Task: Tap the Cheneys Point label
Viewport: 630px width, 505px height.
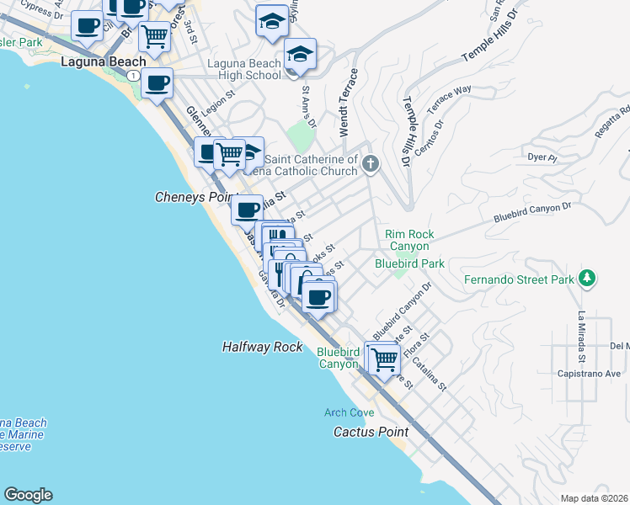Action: point(193,197)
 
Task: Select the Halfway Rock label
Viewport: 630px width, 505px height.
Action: point(262,347)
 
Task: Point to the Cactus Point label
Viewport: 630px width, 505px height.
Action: point(371,432)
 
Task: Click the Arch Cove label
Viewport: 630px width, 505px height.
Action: point(350,412)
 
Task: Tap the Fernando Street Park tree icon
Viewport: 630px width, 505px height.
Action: point(588,279)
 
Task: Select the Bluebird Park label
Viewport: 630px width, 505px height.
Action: point(409,263)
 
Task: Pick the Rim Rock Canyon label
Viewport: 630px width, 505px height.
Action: point(408,240)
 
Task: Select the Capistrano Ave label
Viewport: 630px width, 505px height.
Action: point(589,374)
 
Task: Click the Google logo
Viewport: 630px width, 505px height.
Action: point(28,495)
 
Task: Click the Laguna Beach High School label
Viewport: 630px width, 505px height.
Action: point(244,69)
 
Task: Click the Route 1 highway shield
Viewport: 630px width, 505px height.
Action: point(134,76)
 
